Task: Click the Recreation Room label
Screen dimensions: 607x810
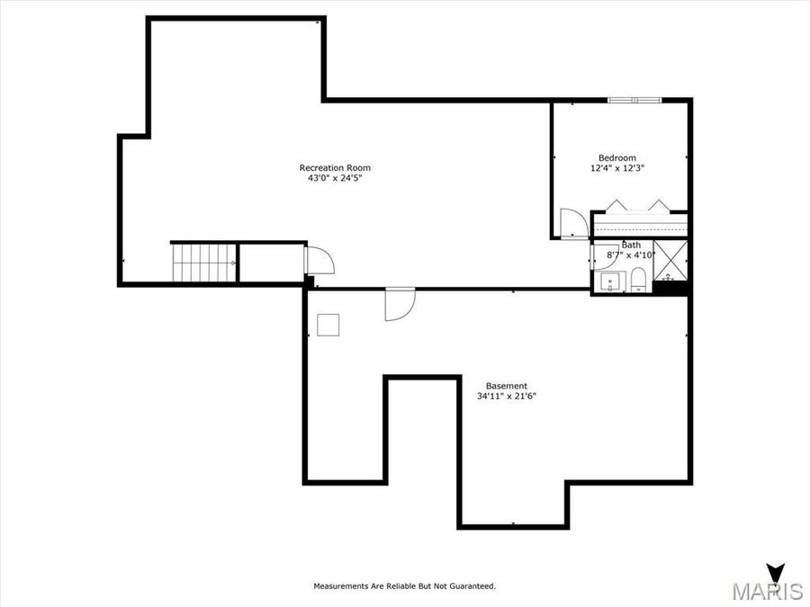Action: click(x=335, y=167)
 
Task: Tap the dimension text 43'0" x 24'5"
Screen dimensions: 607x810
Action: click(x=335, y=178)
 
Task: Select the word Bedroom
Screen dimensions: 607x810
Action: click(x=617, y=157)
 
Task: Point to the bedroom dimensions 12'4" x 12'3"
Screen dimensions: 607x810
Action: click(x=617, y=168)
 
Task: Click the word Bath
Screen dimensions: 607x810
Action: click(x=632, y=245)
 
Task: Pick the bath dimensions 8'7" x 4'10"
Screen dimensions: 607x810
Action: click(x=632, y=255)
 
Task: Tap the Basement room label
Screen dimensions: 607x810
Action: click(x=507, y=386)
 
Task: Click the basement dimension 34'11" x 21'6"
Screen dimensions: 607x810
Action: click(x=507, y=397)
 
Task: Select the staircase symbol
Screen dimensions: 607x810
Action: click(x=204, y=263)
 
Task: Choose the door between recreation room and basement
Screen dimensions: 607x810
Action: click(x=399, y=303)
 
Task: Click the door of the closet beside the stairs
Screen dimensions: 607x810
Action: click(x=319, y=260)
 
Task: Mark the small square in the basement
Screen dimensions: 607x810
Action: click(x=328, y=324)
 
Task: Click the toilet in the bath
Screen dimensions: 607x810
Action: click(x=638, y=280)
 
